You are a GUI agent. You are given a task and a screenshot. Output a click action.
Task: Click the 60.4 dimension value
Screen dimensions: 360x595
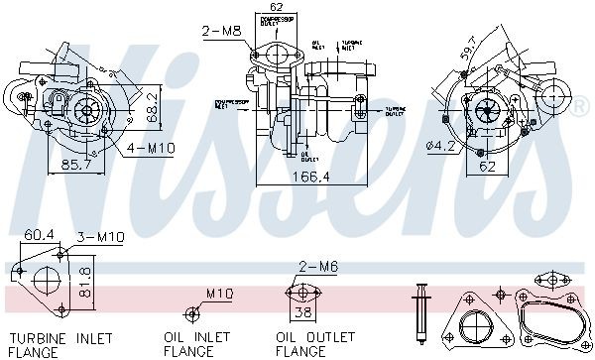point(39,235)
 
